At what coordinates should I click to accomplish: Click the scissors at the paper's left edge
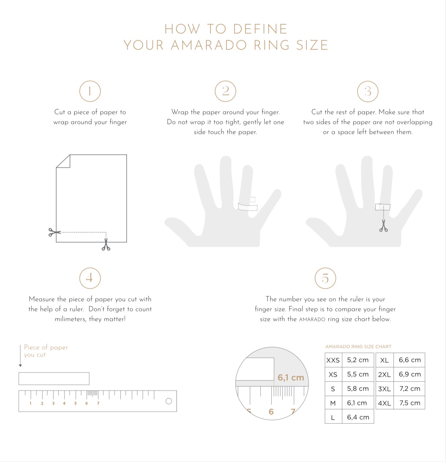tap(54, 232)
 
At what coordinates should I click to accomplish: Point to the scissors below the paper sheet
tap(106, 244)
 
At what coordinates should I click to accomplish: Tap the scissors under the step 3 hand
tap(384, 226)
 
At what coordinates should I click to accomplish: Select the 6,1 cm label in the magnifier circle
tap(291, 377)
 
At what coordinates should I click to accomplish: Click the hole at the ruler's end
tap(169, 401)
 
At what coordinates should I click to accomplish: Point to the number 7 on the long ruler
tap(98, 403)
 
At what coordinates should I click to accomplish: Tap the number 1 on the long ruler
tap(30, 403)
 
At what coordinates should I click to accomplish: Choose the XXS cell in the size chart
tap(333, 360)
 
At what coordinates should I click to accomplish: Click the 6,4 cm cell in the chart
tap(358, 417)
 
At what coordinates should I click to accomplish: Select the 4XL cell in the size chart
tap(384, 403)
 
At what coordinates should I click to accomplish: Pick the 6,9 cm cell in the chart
tap(410, 375)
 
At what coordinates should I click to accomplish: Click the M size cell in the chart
tap(333, 403)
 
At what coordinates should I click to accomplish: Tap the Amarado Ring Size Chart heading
tap(358, 346)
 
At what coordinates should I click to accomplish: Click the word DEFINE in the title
tap(260, 29)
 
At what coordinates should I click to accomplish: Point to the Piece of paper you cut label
tap(46, 351)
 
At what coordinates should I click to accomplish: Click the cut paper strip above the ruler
tap(54, 379)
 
